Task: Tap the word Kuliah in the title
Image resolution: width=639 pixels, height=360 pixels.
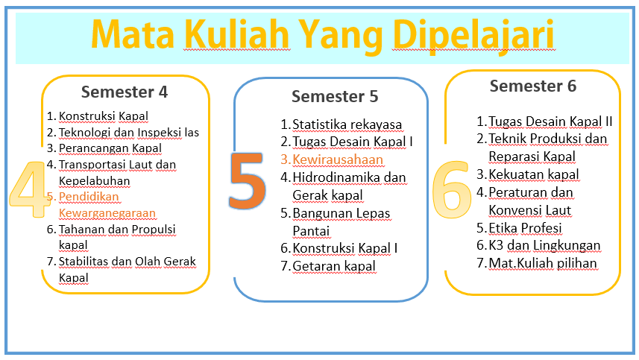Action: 237,34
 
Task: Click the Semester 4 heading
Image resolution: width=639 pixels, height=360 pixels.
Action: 125,92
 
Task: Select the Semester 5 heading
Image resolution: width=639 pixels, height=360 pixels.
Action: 335,96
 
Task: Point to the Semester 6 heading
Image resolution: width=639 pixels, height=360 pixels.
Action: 533,86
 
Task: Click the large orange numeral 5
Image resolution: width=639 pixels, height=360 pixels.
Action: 248,181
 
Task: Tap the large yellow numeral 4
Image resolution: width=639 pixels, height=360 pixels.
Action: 29,189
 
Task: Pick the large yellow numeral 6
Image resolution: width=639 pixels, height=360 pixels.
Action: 452,189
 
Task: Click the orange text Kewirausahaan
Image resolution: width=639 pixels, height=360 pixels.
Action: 338,160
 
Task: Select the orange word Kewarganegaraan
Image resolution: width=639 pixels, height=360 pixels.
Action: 107,213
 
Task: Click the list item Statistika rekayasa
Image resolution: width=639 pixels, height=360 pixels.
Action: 347,124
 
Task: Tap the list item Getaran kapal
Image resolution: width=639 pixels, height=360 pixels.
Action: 334,266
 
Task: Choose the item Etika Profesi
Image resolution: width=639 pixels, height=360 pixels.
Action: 525,228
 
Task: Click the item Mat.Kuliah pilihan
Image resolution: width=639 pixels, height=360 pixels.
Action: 543,264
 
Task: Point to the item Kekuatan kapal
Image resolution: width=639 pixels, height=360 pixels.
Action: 533,174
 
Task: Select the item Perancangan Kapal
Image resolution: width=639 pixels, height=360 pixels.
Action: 110,148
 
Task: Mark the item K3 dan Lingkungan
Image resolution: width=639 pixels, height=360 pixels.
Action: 544,245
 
